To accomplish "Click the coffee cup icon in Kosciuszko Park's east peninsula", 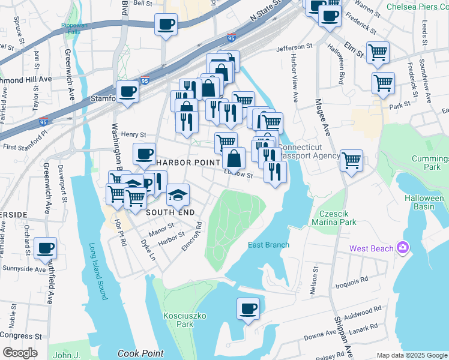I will pos(248,310).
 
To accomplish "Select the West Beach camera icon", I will pos(402,247).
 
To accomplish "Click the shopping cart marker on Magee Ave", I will pos(351,160).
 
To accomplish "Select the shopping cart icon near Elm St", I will pos(378,52).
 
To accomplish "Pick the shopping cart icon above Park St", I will pos(383,83).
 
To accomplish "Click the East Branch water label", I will pos(269,245).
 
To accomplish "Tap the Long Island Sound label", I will pos(98,271).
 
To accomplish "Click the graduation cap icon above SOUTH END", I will pos(177,195).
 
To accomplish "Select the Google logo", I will pos(20,353).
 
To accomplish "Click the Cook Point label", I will pos(140,354).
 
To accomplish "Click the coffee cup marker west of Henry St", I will pos(127,91).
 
